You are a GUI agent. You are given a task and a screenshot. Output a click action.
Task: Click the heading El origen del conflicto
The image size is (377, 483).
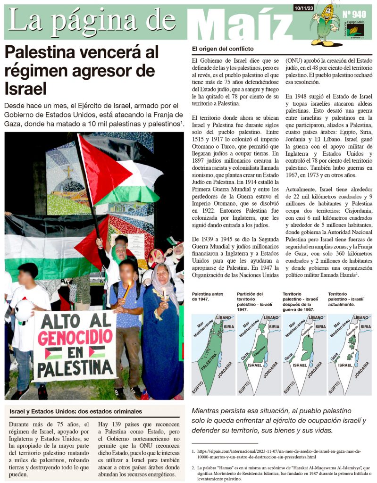[223, 49]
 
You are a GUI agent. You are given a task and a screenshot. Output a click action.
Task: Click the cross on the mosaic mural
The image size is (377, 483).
[69, 171]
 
